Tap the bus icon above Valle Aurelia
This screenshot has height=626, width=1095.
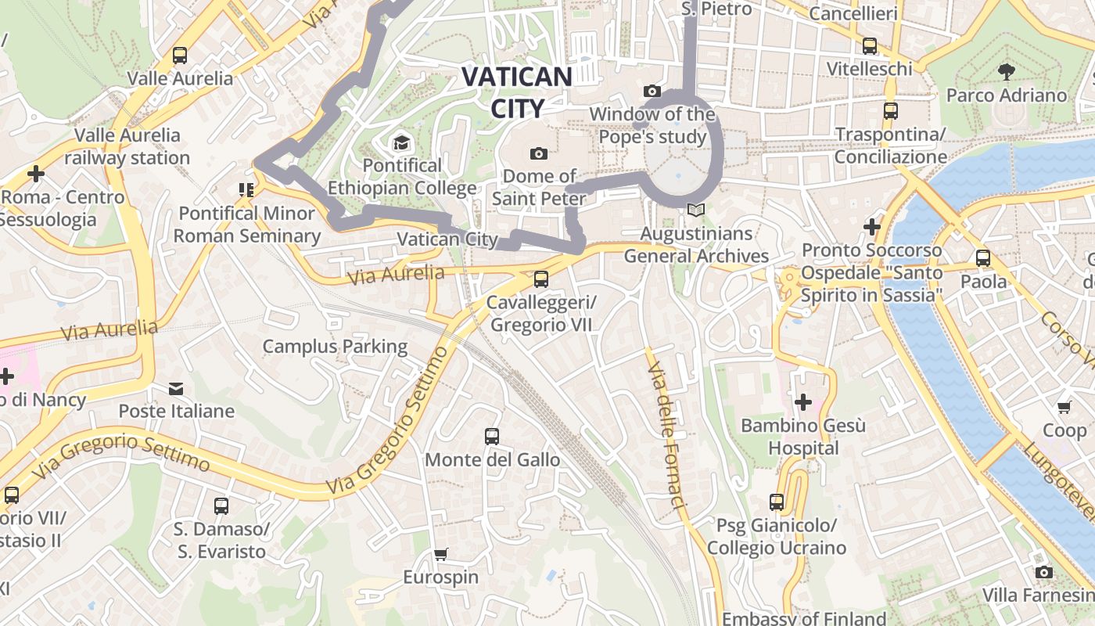point(180,56)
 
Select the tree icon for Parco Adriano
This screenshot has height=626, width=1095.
point(1007,72)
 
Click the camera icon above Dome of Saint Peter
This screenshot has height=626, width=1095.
point(538,153)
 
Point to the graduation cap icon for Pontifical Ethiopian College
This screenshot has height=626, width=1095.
point(401,142)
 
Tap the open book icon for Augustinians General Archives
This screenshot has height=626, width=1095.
point(695,210)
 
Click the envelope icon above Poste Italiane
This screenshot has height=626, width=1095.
point(176,388)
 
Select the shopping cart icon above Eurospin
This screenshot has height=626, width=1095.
point(440,555)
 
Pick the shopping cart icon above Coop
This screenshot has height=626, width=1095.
point(1064,407)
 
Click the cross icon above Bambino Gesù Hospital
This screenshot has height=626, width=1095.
point(803,402)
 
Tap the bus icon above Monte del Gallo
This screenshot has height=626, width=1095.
point(492,437)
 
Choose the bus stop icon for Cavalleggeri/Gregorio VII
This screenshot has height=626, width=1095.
point(540,279)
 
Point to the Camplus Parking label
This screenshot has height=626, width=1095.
point(335,347)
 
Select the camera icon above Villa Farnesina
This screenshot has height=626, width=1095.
point(1043,573)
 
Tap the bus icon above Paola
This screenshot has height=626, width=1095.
point(983,258)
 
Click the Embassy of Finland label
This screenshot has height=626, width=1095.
point(804,618)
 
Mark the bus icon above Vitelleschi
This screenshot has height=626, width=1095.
point(869,46)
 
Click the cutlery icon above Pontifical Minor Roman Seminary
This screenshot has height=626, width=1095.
point(246,190)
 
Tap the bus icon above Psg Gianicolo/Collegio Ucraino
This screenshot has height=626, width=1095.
point(777,502)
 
